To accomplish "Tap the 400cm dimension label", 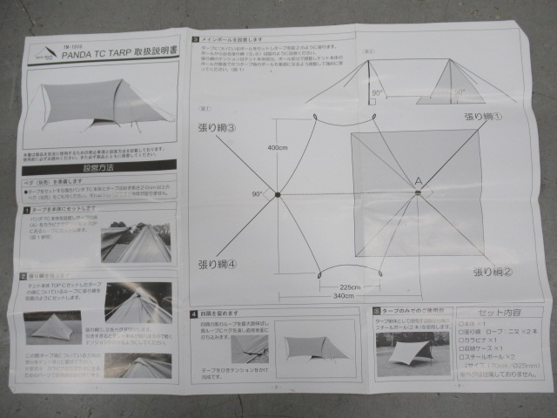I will pyautogui.click(x=278, y=148).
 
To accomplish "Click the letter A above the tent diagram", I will pyautogui.click(x=418, y=179).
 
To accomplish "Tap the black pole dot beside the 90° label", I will pyautogui.click(x=278, y=193).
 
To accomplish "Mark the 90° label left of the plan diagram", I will pyautogui.click(x=258, y=193).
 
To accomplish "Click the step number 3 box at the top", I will pyautogui.click(x=196, y=38).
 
